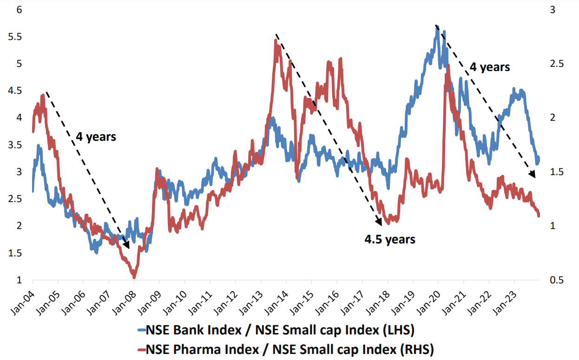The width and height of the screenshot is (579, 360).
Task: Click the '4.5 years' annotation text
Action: pyautogui.click(x=389, y=240)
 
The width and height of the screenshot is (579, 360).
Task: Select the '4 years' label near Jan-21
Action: pyautogui.click(x=489, y=67)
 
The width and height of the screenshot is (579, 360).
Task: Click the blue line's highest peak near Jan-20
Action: pyautogui.click(x=437, y=27)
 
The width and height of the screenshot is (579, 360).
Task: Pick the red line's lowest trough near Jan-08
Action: pyautogui.click(x=134, y=277)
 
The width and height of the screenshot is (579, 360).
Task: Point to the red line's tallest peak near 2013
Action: pyautogui.click(x=276, y=41)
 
